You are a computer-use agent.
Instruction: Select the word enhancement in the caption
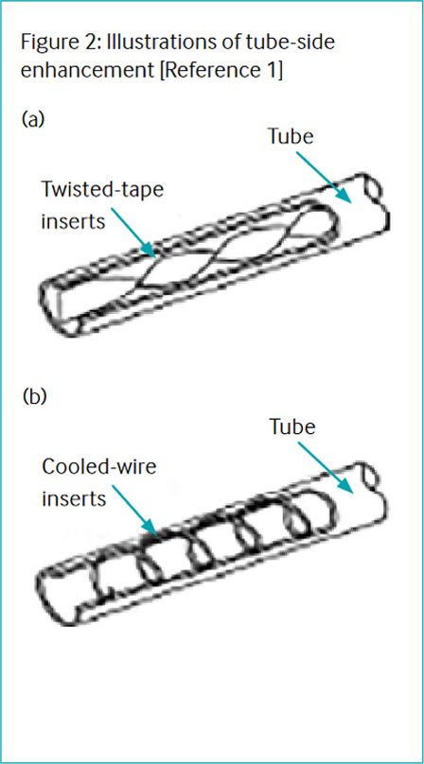coord(89,73)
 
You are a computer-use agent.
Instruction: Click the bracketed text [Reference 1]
coord(223,72)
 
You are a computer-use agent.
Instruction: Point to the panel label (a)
coord(33,118)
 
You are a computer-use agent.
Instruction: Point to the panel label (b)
coord(34,397)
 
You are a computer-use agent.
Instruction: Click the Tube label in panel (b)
coord(292,427)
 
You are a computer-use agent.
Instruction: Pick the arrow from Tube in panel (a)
coord(324,178)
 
